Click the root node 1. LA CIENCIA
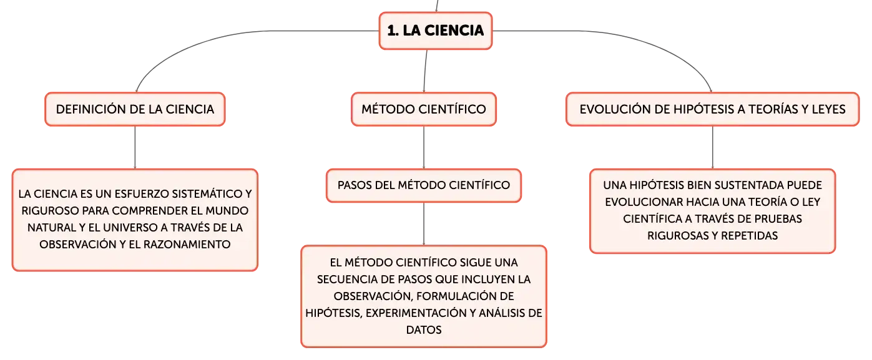(x=436, y=31)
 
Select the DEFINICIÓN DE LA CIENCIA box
(x=135, y=109)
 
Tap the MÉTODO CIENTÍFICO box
(x=424, y=109)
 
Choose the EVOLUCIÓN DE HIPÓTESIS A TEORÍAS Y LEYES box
(x=712, y=109)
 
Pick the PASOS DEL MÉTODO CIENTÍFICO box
(x=424, y=185)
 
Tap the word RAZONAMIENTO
(x=187, y=245)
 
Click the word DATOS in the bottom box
(x=424, y=330)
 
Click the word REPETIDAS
(x=750, y=236)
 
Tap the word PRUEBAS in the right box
(x=778, y=219)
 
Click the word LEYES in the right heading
(x=828, y=109)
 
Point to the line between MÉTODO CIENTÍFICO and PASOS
(x=424, y=147)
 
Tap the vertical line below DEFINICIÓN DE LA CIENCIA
(x=135, y=147)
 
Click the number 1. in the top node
(x=393, y=31)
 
